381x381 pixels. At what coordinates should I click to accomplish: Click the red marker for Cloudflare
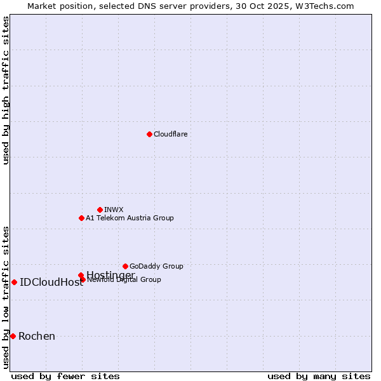(149, 134)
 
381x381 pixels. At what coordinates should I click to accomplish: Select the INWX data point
(100, 210)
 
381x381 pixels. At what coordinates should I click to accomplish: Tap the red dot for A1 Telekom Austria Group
(81, 218)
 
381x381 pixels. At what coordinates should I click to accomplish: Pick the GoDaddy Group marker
(125, 266)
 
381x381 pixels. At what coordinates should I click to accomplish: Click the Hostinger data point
(81, 275)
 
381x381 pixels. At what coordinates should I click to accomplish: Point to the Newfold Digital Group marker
(83, 279)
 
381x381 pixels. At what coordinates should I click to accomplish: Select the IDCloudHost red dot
(14, 282)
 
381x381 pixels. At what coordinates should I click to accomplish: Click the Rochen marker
(13, 336)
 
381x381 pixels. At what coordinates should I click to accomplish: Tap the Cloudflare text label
(170, 134)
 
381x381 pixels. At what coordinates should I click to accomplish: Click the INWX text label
(114, 210)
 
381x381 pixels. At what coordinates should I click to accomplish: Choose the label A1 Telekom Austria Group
(130, 218)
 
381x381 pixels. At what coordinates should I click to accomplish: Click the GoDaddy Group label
(156, 266)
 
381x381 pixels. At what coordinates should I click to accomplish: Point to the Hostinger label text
(110, 275)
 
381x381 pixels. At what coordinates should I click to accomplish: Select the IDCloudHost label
(51, 283)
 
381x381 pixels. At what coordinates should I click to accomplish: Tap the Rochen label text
(37, 337)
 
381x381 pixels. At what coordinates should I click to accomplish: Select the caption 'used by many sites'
(319, 377)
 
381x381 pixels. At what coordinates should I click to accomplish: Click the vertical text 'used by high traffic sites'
(6, 90)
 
